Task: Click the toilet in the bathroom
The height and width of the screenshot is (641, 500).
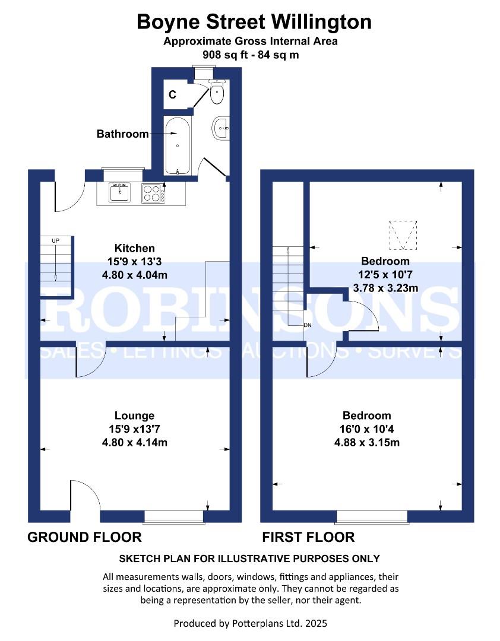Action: pos(217,91)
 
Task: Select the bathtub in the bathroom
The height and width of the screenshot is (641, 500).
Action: pos(177,145)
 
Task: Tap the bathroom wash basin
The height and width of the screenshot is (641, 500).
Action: pos(222,128)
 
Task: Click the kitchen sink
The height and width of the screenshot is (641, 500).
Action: pos(120,192)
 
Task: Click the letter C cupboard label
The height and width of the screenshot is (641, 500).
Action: pos(172,94)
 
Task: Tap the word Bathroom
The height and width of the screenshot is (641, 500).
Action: pos(122,134)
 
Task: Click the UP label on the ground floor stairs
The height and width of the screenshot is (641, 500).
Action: pos(55,240)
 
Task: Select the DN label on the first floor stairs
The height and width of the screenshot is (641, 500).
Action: pos(307,325)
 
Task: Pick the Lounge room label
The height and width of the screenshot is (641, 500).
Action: pos(135,415)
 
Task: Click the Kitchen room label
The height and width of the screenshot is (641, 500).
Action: pos(135,248)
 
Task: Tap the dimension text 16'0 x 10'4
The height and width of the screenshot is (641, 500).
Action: pos(366,429)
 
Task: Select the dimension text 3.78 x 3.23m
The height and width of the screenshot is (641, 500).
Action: pos(385,288)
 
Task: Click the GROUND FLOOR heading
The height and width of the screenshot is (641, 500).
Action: pos(85,538)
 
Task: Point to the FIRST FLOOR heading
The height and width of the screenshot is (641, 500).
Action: pos(308,538)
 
